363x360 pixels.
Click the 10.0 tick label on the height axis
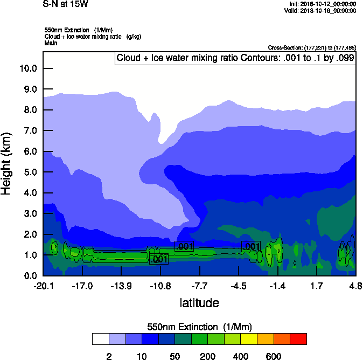point(27,68)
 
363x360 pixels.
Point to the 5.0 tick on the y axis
point(30,172)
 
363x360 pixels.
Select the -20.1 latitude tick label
point(43,285)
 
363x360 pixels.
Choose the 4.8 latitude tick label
point(355,285)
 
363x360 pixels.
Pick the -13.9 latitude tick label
point(121,285)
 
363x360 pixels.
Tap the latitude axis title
point(199,303)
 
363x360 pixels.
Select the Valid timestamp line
point(322,10)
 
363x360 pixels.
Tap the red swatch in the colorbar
point(298,338)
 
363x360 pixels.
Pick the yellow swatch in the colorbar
point(249,338)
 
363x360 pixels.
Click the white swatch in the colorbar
point(100,338)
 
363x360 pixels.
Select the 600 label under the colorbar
point(274,356)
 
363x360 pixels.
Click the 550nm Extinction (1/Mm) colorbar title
point(199,327)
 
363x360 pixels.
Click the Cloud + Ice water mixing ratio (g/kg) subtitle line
point(89,36)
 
